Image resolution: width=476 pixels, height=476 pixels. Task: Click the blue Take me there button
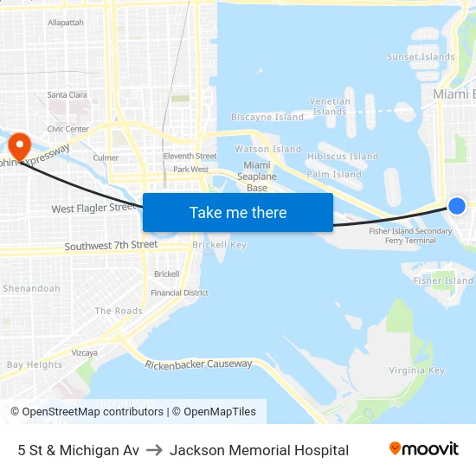click(x=238, y=212)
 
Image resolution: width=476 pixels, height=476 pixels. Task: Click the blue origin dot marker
click(x=457, y=205)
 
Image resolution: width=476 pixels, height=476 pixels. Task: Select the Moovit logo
click(x=423, y=449)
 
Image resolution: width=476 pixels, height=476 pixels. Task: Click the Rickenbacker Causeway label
click(x=198, y=363)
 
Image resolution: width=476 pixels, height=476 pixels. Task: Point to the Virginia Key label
click(x=416, y=370)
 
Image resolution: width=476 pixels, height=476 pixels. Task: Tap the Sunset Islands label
click(x=421, y=57)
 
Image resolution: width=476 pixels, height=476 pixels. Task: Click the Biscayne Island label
click(x=267, y=117)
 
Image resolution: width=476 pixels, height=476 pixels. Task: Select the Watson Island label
click(x=268, y=149)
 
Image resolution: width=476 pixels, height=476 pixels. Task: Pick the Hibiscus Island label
click(x=343, y=157)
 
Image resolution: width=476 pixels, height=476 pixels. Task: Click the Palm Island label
click(x=334, y=174)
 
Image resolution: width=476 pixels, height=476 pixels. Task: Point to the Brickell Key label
click(x=219, y=245)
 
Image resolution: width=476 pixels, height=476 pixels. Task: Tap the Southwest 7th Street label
click(x=111, y=246)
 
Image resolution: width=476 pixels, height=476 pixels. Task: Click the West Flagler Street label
click(x=93, y=209)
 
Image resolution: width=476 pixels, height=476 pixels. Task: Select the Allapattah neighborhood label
click(x=66, y=23)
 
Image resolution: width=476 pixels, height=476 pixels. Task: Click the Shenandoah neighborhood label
click(x=31, y=288)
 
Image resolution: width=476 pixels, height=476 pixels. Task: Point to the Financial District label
click(x=179, y=293)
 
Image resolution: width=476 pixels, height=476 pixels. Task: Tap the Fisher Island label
click(x=443, y=280)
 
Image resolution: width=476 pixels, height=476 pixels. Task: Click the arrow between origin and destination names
click(x=154, y=450)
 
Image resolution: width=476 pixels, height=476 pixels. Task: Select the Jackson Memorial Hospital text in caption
click(x=259, y=450)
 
